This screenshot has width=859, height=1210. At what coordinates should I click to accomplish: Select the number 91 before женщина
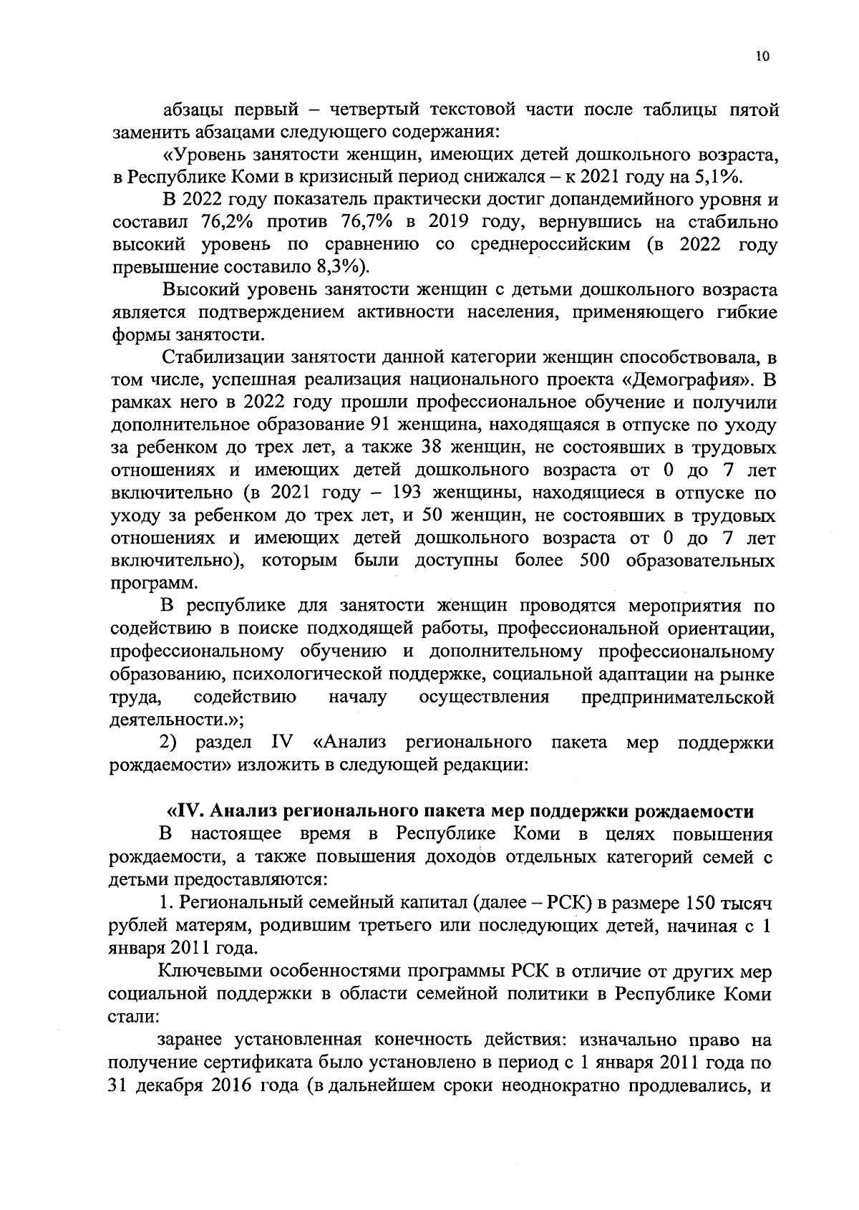click(377, 425)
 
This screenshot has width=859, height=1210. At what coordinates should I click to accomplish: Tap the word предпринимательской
click(679, 697)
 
